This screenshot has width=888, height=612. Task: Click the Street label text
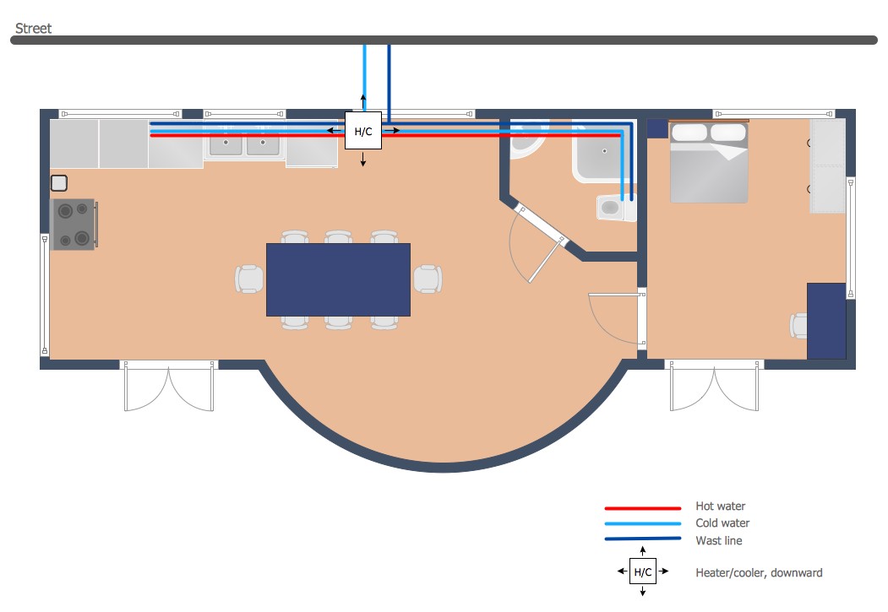(x=33, y=29)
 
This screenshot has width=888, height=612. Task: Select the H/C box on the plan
(x=363, y=132)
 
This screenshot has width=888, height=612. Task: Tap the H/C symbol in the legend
(x=643, y=572)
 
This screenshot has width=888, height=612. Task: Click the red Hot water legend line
(x=643, y=508)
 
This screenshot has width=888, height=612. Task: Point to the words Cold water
(x=722, y=523)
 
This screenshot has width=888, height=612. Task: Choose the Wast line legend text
(x=719, y=540)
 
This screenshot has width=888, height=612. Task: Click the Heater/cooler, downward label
(x=759, y=572)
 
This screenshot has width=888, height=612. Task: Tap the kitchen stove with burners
(x=74, y=225)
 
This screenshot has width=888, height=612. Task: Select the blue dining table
(x=338, y=279)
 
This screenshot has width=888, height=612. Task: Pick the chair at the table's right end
(x=427, y=279)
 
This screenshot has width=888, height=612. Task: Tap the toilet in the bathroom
(x=614, y=208)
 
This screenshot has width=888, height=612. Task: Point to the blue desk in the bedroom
(x=826, y=321)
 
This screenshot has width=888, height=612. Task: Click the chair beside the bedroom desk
(x=799, y=326)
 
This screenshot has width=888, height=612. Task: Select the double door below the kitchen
(x=169, y=388)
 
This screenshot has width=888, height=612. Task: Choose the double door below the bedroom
(x=715, y=388)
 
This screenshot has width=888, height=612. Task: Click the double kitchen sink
(x=244, y=144)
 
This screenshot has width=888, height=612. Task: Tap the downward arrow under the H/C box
(x=363, y=160)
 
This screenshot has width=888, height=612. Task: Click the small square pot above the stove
(x=59, y=182)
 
